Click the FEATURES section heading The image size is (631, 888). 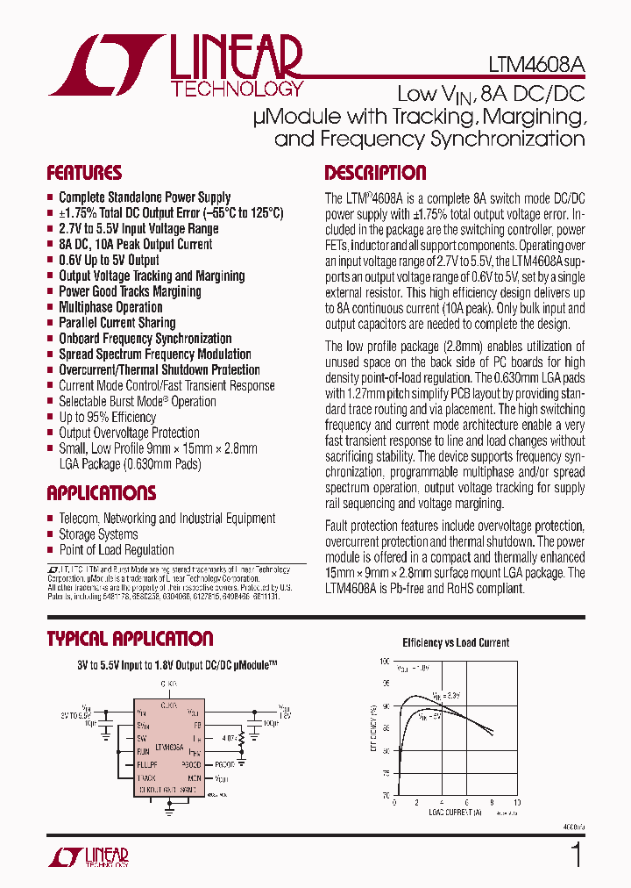84,173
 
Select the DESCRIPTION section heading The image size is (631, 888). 375,173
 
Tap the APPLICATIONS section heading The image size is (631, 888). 102,493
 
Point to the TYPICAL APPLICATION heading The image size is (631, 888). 130,639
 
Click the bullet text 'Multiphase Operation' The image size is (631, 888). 110,307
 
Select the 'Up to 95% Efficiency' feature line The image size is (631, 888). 107,417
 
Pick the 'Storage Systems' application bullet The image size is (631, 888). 98,534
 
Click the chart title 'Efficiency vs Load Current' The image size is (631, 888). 455,642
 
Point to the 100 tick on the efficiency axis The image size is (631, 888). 384,662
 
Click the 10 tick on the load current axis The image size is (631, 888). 516,803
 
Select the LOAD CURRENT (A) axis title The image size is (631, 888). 452,813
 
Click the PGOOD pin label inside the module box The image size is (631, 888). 190,764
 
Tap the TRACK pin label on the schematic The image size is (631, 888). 146,777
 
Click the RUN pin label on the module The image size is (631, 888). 143,752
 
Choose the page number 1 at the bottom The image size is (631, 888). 576,854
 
